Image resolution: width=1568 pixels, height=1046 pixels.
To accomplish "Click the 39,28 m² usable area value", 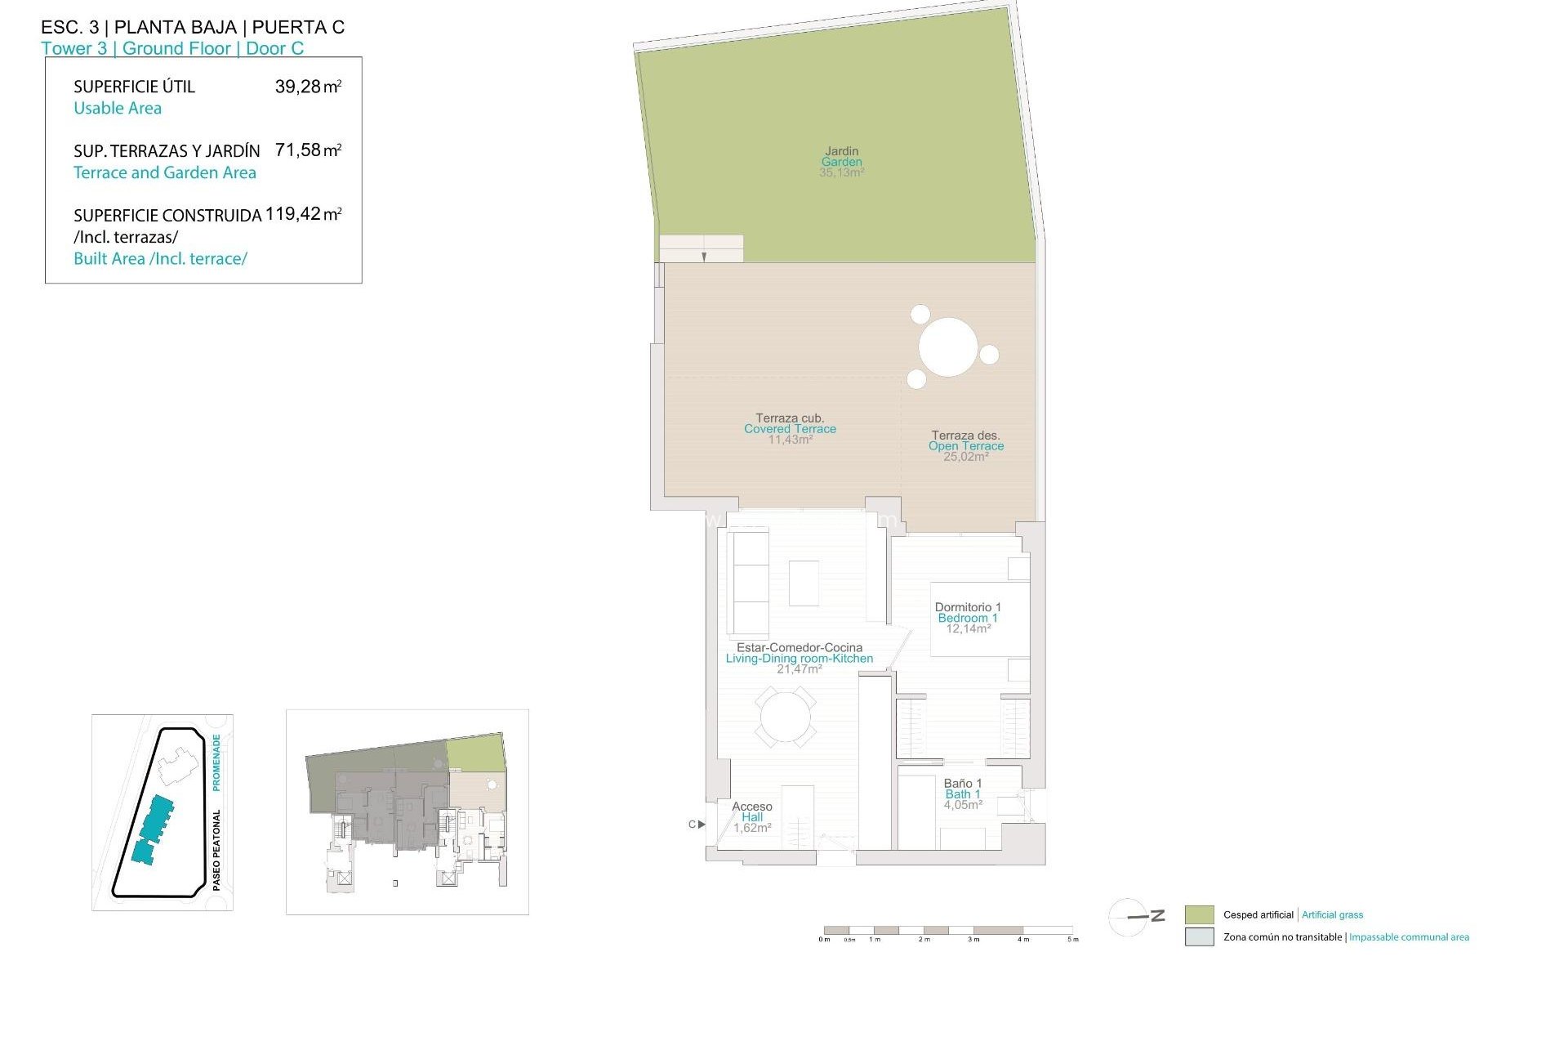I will pyautogui.click(x=308, y=87).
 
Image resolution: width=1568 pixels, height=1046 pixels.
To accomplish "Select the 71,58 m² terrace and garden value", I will pyautogui.click(x=308, y=150).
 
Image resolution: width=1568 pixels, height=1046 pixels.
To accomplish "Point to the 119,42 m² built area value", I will pyautogui.click(x=303, y=214).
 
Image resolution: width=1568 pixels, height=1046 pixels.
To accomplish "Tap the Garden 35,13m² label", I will pyautogui.click(x=841, y=162).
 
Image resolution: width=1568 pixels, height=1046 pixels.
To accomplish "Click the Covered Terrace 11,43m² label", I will pyautogui.click(x=790, y=429).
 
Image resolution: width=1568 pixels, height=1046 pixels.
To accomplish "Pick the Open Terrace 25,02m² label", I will pyautogui.click(x=966, y=446).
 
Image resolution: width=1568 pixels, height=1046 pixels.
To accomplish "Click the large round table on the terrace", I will pyautogui.click(x=948, y=347).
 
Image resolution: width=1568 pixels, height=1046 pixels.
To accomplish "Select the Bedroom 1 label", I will pyautogui.click(x=968, y=618).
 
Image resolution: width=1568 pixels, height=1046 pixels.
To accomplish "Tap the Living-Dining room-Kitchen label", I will pyautogui.click(x=799, y=659).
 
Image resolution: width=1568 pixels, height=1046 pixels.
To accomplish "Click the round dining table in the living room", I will pyautogui.click(x=785, y=717).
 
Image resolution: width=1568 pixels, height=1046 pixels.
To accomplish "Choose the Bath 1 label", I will pyautogui.click(x=963, y=794).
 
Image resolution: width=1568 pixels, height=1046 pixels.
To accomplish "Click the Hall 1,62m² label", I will pyautogui.click(x=752, y=817).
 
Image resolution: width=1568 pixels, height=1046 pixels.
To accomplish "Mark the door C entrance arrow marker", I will pyautogui.click(x=701, y=825).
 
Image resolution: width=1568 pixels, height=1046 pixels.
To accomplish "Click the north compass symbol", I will pyautogui.click(x=1131, y=917).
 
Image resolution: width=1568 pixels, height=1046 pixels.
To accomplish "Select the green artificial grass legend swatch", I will pyautogui.click(x=1199, y=915).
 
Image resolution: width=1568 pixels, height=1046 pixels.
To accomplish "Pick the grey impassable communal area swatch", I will pyautogui.click(x=1199, y=937).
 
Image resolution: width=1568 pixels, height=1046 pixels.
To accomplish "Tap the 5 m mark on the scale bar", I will pyautogui.click(x=1073, y=939).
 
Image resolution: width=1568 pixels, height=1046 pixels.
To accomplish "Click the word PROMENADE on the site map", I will pyautogui.click(x=216, y=762).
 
